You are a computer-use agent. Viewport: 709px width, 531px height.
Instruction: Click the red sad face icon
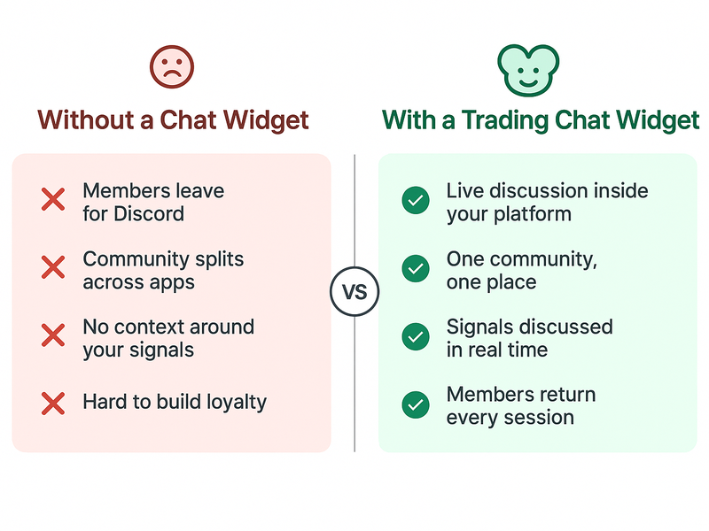point(172,66)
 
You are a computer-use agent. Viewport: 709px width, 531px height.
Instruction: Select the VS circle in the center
point(354,292)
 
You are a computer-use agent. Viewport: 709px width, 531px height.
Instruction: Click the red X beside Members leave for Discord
point(53,200)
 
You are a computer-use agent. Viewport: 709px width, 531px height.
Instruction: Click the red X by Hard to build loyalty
point(53,404)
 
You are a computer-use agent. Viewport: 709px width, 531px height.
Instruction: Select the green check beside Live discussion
point(414,201)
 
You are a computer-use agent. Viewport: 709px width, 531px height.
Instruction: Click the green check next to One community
point(414,269)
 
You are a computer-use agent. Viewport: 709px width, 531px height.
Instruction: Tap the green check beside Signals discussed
point(414,336)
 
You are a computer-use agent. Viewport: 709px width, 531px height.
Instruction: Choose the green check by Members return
point(414,404)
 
